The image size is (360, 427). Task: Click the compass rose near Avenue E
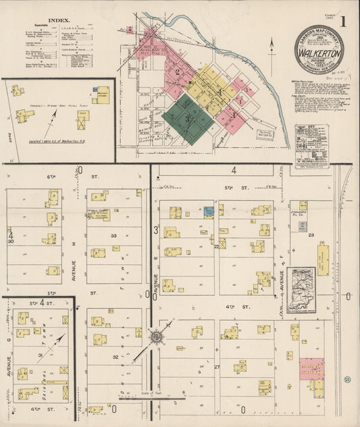[x=156, y=336]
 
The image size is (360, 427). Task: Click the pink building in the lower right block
[x=311, y=369]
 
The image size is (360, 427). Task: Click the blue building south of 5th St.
[x=209, y=211]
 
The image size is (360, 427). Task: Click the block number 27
[x=217, y=368]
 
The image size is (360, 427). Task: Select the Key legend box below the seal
[x=311, y=144]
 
